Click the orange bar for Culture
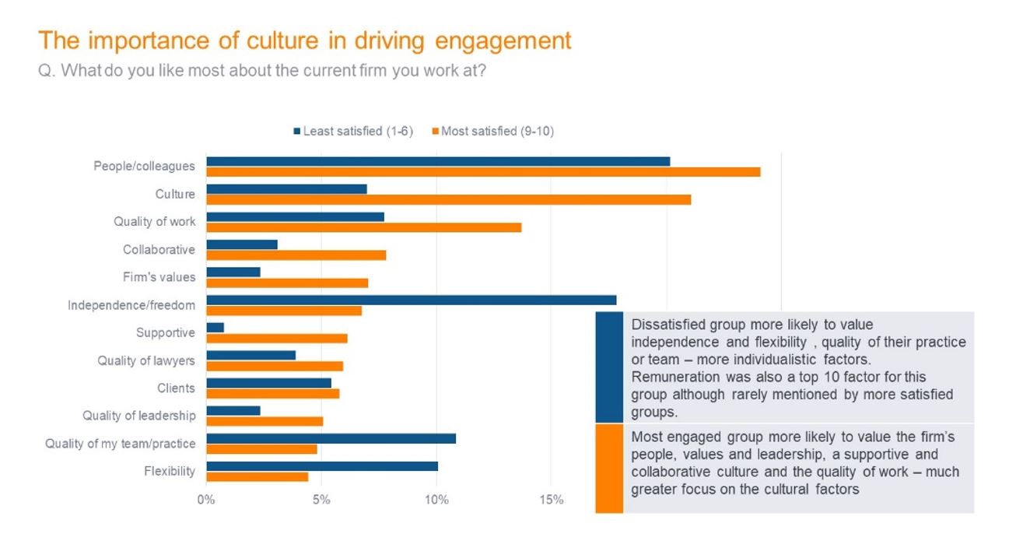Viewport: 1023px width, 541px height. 448,199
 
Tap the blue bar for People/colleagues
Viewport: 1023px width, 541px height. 438,161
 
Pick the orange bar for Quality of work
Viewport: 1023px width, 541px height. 363,227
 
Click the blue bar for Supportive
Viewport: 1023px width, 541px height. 215,327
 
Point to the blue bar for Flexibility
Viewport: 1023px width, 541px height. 322,466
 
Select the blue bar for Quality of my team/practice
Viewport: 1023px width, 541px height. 331,438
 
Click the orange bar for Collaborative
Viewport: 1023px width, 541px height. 296,255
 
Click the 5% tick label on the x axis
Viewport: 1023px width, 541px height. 321,500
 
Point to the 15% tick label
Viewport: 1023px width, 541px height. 551,500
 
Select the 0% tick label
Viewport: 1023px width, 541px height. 206,500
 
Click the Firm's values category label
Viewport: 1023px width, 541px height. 159,277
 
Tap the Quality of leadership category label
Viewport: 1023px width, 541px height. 139,416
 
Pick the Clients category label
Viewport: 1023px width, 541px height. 177,388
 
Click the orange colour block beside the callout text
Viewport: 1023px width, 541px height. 609,468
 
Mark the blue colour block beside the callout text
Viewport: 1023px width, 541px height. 609,367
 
